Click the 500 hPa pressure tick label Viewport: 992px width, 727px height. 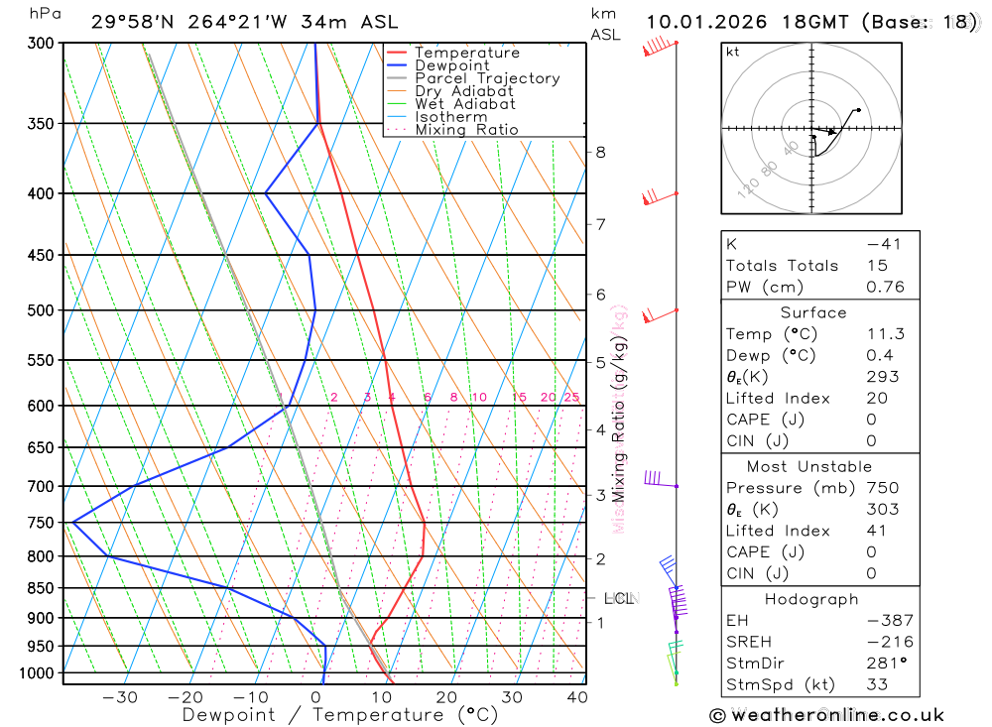pos(43,310)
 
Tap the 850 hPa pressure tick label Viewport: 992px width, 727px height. pos(43,588)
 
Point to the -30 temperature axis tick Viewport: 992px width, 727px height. pos(120,697)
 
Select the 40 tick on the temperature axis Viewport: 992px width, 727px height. pos(575,697)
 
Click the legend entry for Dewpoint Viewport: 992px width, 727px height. pos(451,65)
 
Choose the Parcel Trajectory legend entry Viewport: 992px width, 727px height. pos(487,78)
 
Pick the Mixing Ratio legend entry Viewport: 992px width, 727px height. pos(466,130)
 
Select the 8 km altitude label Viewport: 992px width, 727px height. pos(600,152)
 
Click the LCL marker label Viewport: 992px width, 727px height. pos(619,598)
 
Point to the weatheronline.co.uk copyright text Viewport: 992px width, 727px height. pos(826,715)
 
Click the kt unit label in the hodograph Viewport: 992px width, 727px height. pos(733,52)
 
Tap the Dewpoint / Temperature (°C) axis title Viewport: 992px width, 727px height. pos(340,714)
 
